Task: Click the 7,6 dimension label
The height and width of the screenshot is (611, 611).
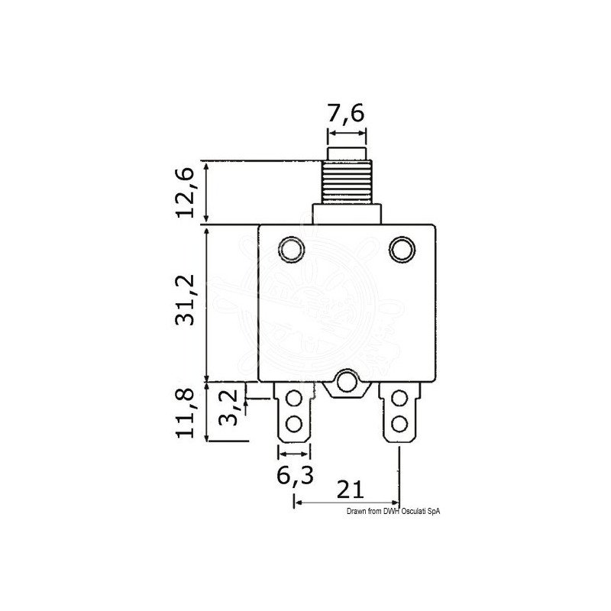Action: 346,113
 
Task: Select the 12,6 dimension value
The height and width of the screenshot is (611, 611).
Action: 185,193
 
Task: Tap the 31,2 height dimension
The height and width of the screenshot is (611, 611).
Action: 185,300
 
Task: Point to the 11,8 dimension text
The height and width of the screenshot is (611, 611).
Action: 185,414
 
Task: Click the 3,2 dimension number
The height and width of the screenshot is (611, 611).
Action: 228,408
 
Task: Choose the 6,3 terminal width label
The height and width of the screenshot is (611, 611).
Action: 295,475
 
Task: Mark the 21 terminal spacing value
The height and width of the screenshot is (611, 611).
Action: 350,490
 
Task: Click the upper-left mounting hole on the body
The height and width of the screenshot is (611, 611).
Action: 292,249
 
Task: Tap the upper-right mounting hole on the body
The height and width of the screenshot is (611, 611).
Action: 402,249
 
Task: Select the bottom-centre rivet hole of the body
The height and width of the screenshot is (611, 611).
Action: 347,382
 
